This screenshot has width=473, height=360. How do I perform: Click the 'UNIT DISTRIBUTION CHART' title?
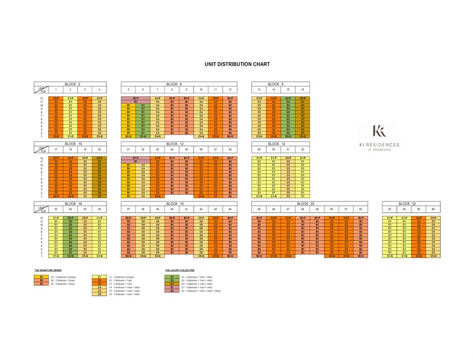237,64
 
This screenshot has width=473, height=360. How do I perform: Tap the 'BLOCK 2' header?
71,84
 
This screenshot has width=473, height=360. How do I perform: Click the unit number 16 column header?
302,89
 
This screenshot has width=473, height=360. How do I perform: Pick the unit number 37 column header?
128,209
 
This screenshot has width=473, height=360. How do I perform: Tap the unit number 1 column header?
56,89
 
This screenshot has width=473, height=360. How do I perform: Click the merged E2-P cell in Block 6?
135,98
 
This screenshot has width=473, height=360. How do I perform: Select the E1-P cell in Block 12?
135,158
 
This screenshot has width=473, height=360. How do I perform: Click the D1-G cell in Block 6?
143,136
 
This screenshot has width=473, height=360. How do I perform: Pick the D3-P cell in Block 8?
302,98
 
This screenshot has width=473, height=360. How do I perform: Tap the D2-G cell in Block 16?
71,256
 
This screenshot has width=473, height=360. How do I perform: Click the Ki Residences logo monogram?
380,132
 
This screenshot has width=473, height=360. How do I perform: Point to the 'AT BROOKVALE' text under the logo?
380,150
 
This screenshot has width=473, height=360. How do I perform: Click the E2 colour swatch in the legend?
172,291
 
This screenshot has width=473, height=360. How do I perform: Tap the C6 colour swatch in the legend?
100,294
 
